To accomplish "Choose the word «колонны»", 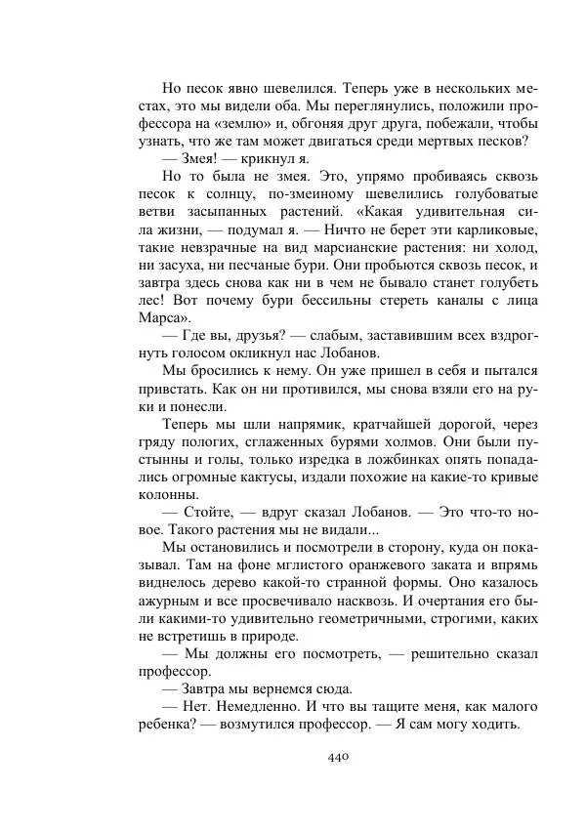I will click(x=169, y=494).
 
